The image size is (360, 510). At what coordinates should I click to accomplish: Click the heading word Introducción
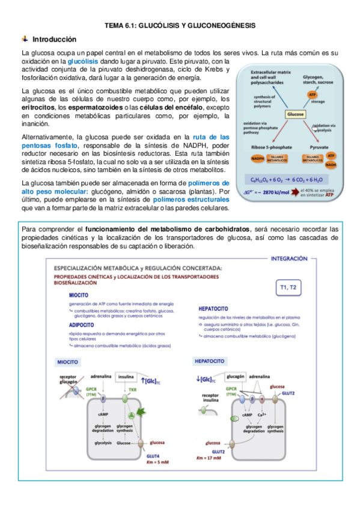click(x=54, y=39)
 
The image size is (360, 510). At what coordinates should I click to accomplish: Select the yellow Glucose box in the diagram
click(x=295, y=114)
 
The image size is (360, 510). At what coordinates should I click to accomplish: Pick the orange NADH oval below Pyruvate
click(x=331, y=162)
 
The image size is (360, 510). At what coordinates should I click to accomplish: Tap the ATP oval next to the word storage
click(x=313, y=95)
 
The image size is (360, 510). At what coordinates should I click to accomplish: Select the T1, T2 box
click(x=288, y=287)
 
